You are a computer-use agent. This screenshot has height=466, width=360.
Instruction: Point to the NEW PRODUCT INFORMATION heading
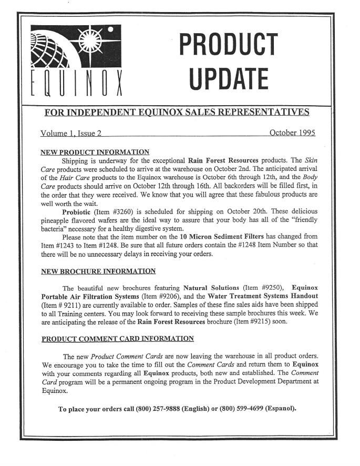(x=95, y=153)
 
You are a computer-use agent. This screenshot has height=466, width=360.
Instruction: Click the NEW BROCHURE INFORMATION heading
(x=98, y=271)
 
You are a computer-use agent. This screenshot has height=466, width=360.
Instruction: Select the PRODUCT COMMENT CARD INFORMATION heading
(x=117, y=338)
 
